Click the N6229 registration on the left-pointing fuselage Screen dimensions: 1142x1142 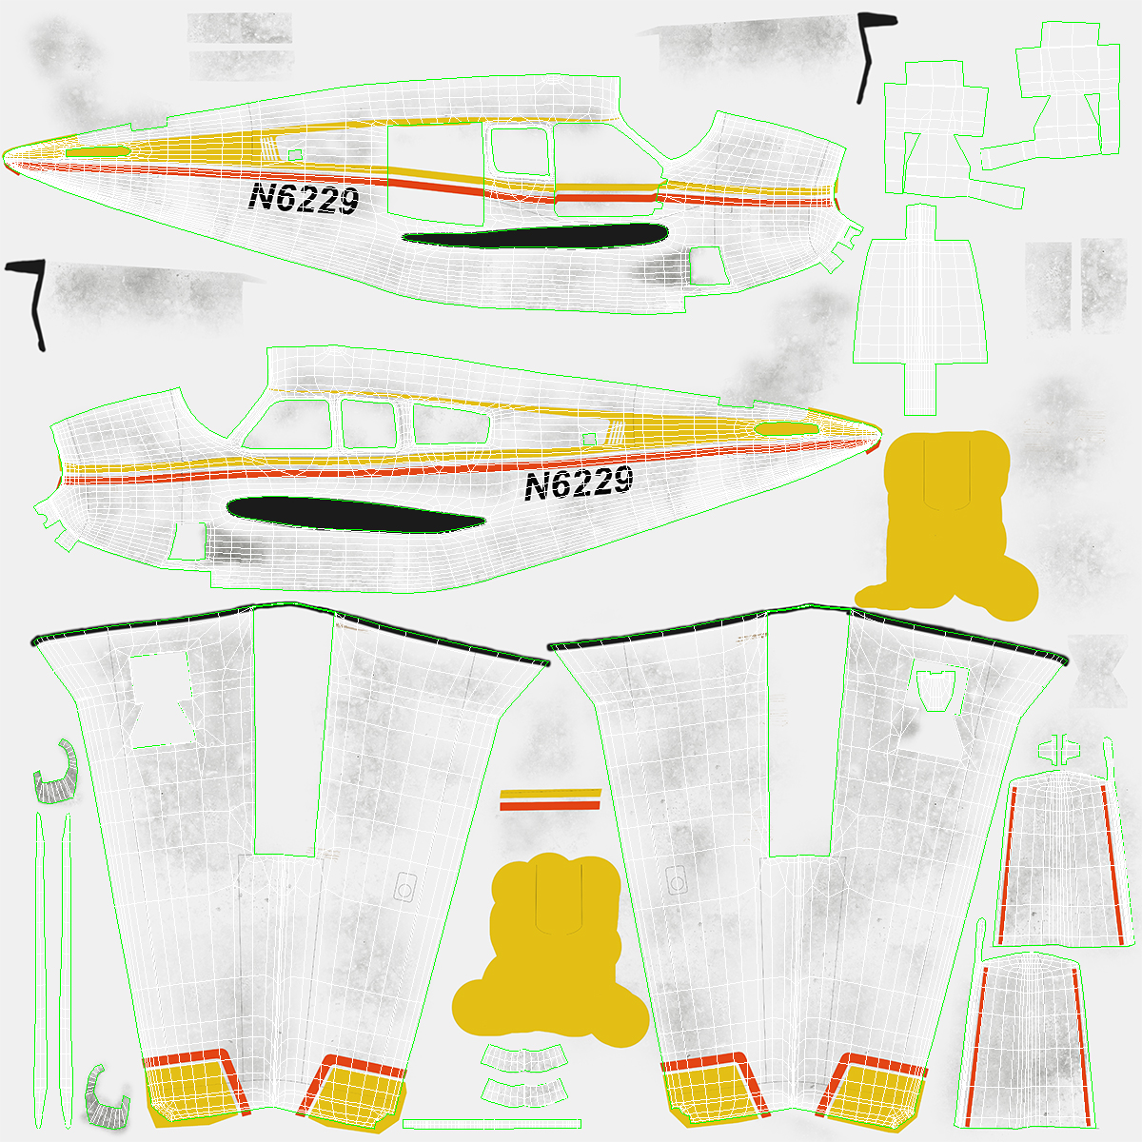[x=304, y=198]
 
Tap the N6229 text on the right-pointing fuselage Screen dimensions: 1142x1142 [x=579, y=482]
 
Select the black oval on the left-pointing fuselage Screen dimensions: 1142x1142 [x=535, y=236]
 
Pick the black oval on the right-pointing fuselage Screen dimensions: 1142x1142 [x=356, y=515]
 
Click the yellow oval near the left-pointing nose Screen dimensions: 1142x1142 [x=98, y=151]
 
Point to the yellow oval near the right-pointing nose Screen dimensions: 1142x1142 [x=786, y=428]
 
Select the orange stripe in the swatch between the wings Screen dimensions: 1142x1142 [x=550, y=805]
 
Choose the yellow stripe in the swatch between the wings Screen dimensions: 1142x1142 [x=551, y=793]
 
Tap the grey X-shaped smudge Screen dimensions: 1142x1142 [x=1097, y=670]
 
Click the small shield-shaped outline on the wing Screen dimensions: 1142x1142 [x=935, y=690]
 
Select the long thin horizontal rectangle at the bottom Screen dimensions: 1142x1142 [x=492, y=1124]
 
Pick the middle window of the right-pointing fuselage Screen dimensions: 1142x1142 [x=368, y=423]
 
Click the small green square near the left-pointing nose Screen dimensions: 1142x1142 [x=294, y=155]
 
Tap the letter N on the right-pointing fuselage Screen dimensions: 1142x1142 [x=537, y=487]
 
